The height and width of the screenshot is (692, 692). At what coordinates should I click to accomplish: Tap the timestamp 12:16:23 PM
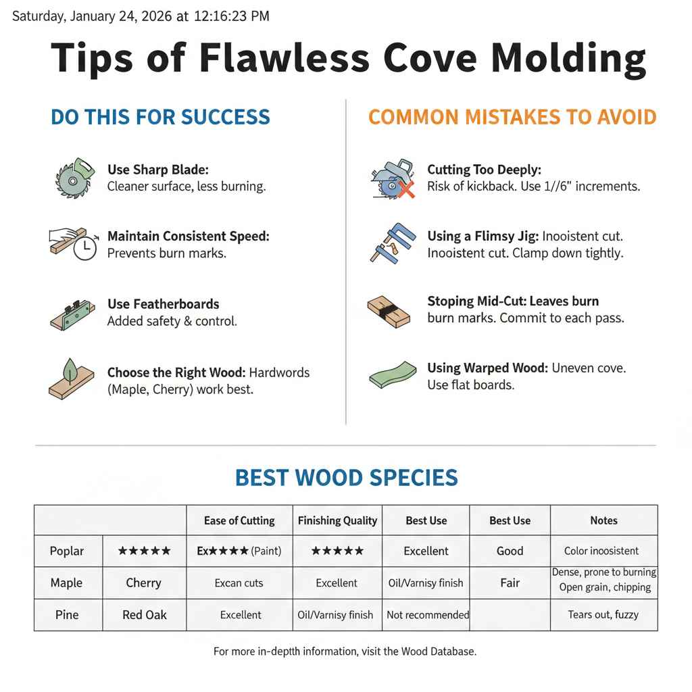[231, 16]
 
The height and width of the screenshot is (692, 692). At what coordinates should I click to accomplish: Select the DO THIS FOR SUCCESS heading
[160, 117]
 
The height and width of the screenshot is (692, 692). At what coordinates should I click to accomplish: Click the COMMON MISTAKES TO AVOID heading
[512, 117]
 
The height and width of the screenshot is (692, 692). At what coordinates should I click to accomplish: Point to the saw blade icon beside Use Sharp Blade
[71, 178]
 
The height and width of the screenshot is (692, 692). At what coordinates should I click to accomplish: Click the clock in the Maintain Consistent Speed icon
[84, 249]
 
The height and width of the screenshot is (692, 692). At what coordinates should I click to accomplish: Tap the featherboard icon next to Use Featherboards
[72, 314]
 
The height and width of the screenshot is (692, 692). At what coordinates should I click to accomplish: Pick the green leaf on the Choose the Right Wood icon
[70, 370]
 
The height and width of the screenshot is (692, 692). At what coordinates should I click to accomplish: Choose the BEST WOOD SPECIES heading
[346, 478]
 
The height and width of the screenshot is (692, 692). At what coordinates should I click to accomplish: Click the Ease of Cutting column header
[239, 520]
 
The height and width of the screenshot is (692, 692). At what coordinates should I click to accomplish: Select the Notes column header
[603, 520]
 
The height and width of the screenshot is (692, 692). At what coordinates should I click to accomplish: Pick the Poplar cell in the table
[67, 551]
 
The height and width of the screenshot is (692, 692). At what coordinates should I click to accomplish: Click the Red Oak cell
[144, 614]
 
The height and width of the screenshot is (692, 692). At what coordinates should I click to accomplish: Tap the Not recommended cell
[427, 614]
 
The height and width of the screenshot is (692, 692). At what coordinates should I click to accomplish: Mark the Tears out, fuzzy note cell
[603, 614]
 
